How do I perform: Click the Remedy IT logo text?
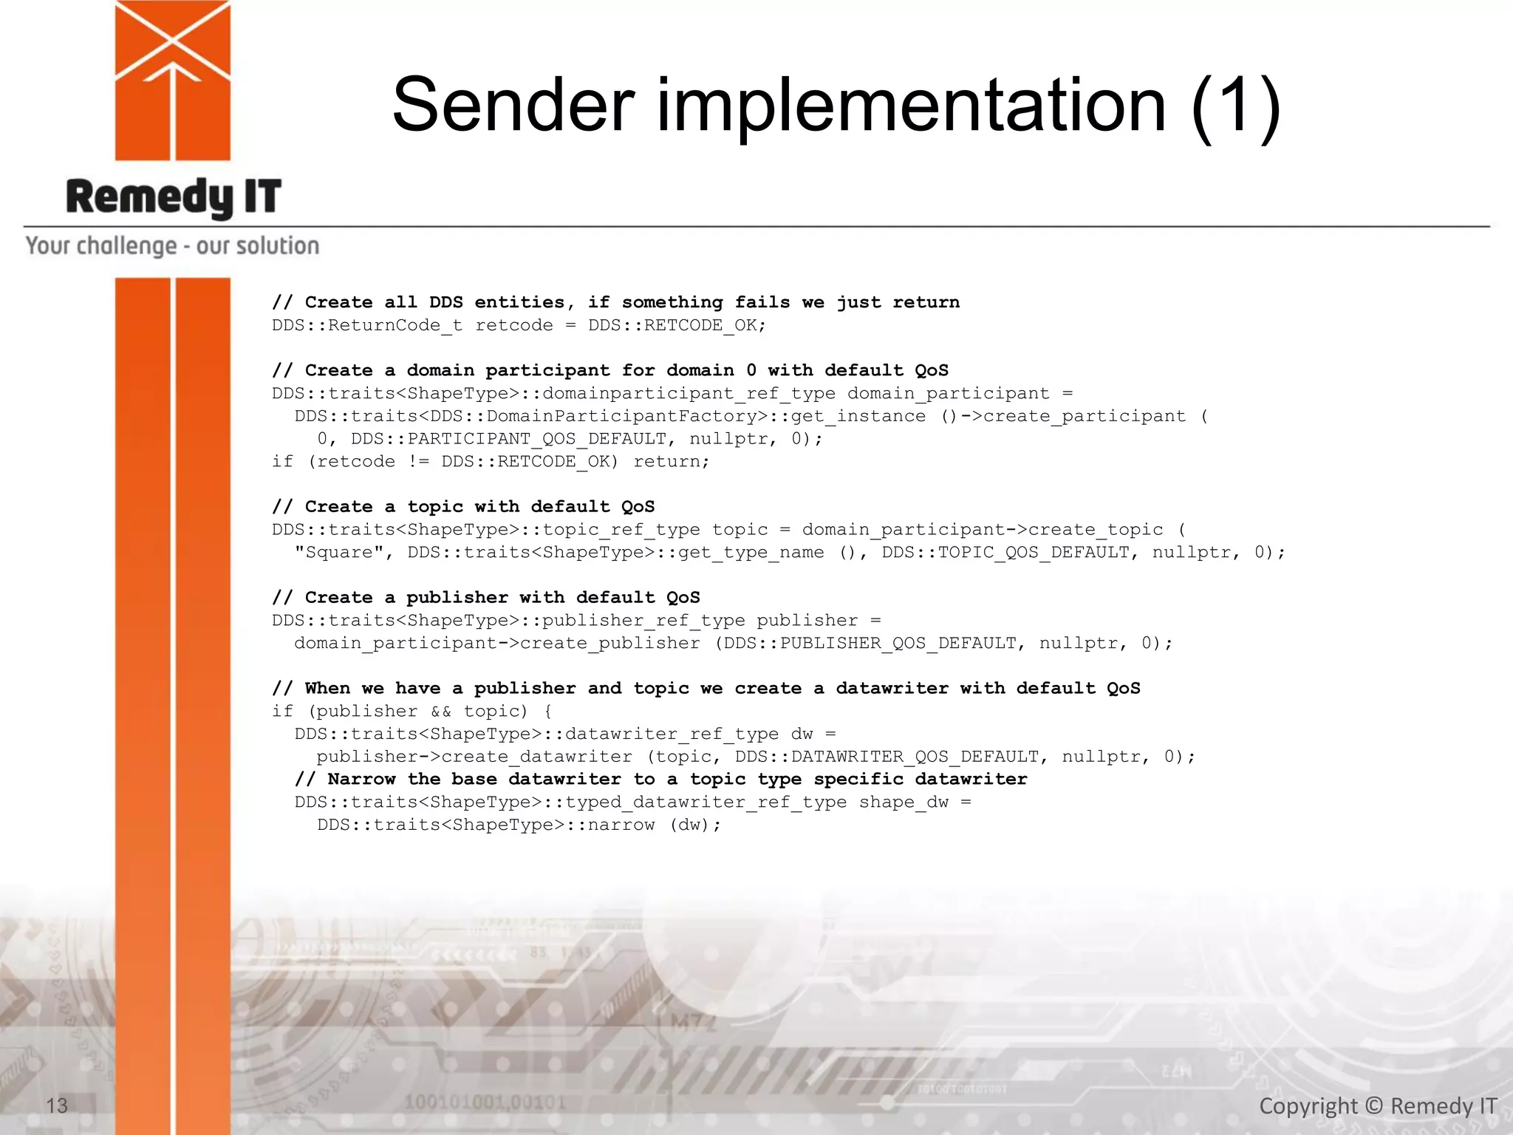[174, 197]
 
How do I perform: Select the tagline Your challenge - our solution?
[172, 245]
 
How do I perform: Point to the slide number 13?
[57, 1105]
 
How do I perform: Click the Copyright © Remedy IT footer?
[1378, 1105]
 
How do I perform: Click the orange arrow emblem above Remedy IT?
[173, 80]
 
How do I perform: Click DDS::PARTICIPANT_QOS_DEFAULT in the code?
[510, 439]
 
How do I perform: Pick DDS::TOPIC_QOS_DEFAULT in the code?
[1005, 553]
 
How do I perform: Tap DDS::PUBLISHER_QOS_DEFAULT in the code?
[870, 644]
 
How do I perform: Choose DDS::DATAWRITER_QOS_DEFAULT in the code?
[887, 757]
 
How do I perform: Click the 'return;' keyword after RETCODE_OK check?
[671, 462]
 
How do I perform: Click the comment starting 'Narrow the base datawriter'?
[660, 780]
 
